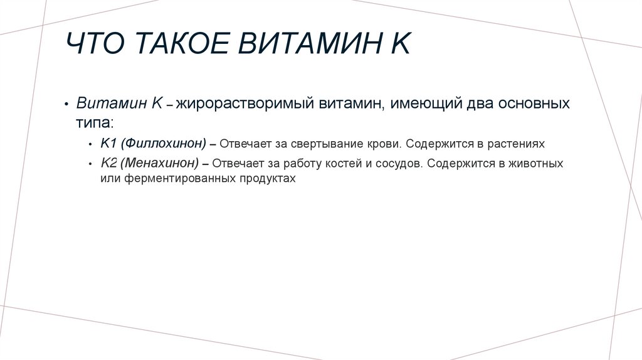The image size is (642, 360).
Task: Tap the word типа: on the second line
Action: click(95, 121)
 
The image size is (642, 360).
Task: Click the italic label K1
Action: click(107, 144)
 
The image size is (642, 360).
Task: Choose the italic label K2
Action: click(108, 163)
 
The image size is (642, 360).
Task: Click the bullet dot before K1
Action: click(91, 144)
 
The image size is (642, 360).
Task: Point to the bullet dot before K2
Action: click(91, 164)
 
